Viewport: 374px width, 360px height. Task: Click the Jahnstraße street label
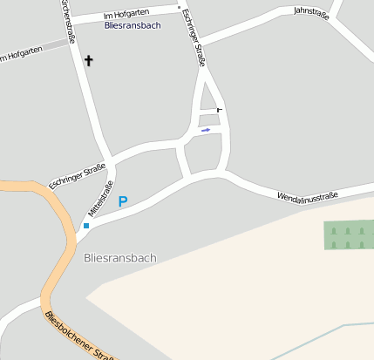[x=311, y=12]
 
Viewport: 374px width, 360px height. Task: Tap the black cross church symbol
[x=88, y=61]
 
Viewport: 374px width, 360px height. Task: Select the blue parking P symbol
[x=123, y=201]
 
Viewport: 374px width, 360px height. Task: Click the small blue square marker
[x=86, y=226]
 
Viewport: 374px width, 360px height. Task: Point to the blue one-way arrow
[x=206, y=131]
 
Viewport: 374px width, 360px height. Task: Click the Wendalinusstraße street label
[x=307, y=197]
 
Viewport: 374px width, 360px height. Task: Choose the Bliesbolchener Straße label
[x=80, y=336]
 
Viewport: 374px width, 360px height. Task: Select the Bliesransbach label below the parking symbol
[x=120, y=258]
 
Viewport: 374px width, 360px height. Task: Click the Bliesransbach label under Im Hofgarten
[x=132, y=25]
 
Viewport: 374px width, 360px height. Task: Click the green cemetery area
[x=348, y=234]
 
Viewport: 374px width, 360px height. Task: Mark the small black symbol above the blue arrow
[x=218, y=110]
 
